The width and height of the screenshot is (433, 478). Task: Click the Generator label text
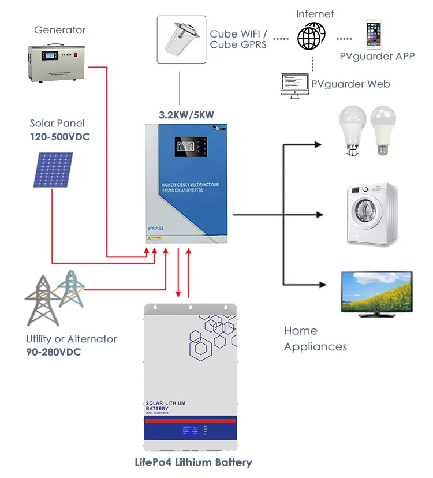pos(59,30)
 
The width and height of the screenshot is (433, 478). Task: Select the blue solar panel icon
pos(52,170)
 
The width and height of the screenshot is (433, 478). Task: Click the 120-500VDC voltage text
pos(60,137)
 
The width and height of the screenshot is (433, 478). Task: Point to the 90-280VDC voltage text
pos(54,352)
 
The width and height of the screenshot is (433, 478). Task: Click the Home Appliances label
pos(315,338)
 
